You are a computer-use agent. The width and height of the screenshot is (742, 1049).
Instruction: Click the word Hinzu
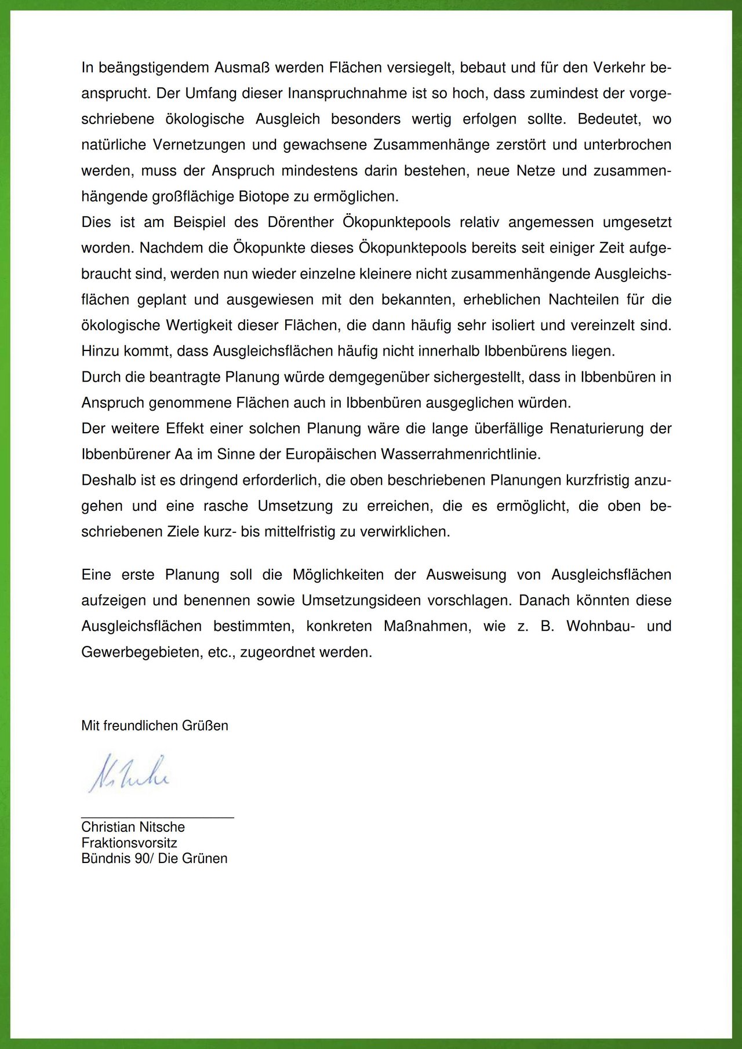(100, 351)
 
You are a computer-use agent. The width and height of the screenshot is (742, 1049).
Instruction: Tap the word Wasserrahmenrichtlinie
(460, 454)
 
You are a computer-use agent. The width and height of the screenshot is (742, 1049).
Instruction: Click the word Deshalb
(107, 480)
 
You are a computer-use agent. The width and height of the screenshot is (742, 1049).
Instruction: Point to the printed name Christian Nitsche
(133, 827)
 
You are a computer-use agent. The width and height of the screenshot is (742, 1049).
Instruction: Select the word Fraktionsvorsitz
(129, 843)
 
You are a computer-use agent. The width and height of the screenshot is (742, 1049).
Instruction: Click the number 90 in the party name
(142, 858)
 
